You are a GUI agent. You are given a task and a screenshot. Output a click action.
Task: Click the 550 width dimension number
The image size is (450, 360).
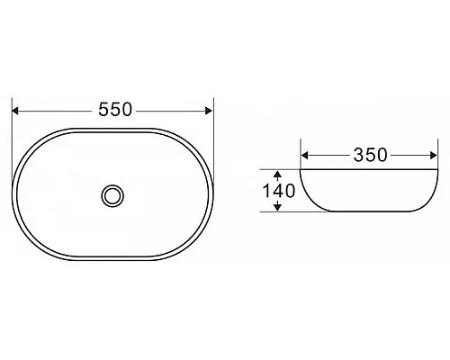pos(115,110)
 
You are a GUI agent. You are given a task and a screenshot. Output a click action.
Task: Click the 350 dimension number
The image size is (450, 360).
pos(370,155)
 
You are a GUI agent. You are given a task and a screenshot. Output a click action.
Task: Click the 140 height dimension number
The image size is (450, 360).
pos(279,191)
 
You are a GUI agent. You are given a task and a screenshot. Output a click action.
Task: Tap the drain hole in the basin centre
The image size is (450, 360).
pos(112,195)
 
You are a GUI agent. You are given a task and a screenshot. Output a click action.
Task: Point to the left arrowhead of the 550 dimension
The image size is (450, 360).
pos(15,111)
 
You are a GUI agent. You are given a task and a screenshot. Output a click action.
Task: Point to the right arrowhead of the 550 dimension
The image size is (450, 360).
pos(209,111)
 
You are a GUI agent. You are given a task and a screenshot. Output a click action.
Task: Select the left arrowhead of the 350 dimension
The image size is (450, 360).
pos(304,156)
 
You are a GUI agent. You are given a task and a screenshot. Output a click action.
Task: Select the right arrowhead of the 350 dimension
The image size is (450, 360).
pos(434,156)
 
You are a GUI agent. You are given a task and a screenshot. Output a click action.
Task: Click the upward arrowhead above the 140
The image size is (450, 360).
pos(278,175)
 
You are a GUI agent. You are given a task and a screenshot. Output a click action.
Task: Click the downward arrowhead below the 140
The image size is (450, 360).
pos(278,207)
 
